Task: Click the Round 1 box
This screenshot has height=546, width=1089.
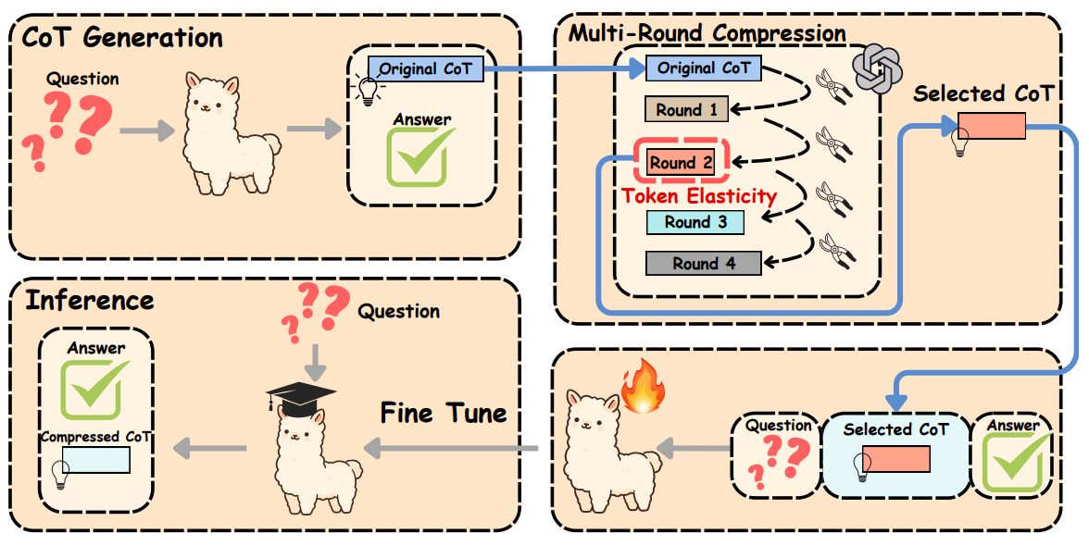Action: click(686, 110)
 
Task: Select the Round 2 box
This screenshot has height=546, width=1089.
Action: click(681, 163)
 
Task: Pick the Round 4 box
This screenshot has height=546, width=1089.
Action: click(704, 263)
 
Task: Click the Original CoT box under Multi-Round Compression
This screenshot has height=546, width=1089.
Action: click(704, 68)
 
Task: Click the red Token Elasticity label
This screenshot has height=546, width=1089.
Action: click(699, 195)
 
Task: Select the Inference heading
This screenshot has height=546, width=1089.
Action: click(89, 301)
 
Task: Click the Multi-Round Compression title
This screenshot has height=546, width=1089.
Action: click(707, 33)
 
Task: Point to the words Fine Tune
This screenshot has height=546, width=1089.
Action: click(444, 413)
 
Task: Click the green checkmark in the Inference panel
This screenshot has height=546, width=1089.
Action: click(95, 389)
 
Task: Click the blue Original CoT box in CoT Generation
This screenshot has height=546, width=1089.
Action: click(425, 68)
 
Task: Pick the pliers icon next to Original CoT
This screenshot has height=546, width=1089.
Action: click(830, 88)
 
